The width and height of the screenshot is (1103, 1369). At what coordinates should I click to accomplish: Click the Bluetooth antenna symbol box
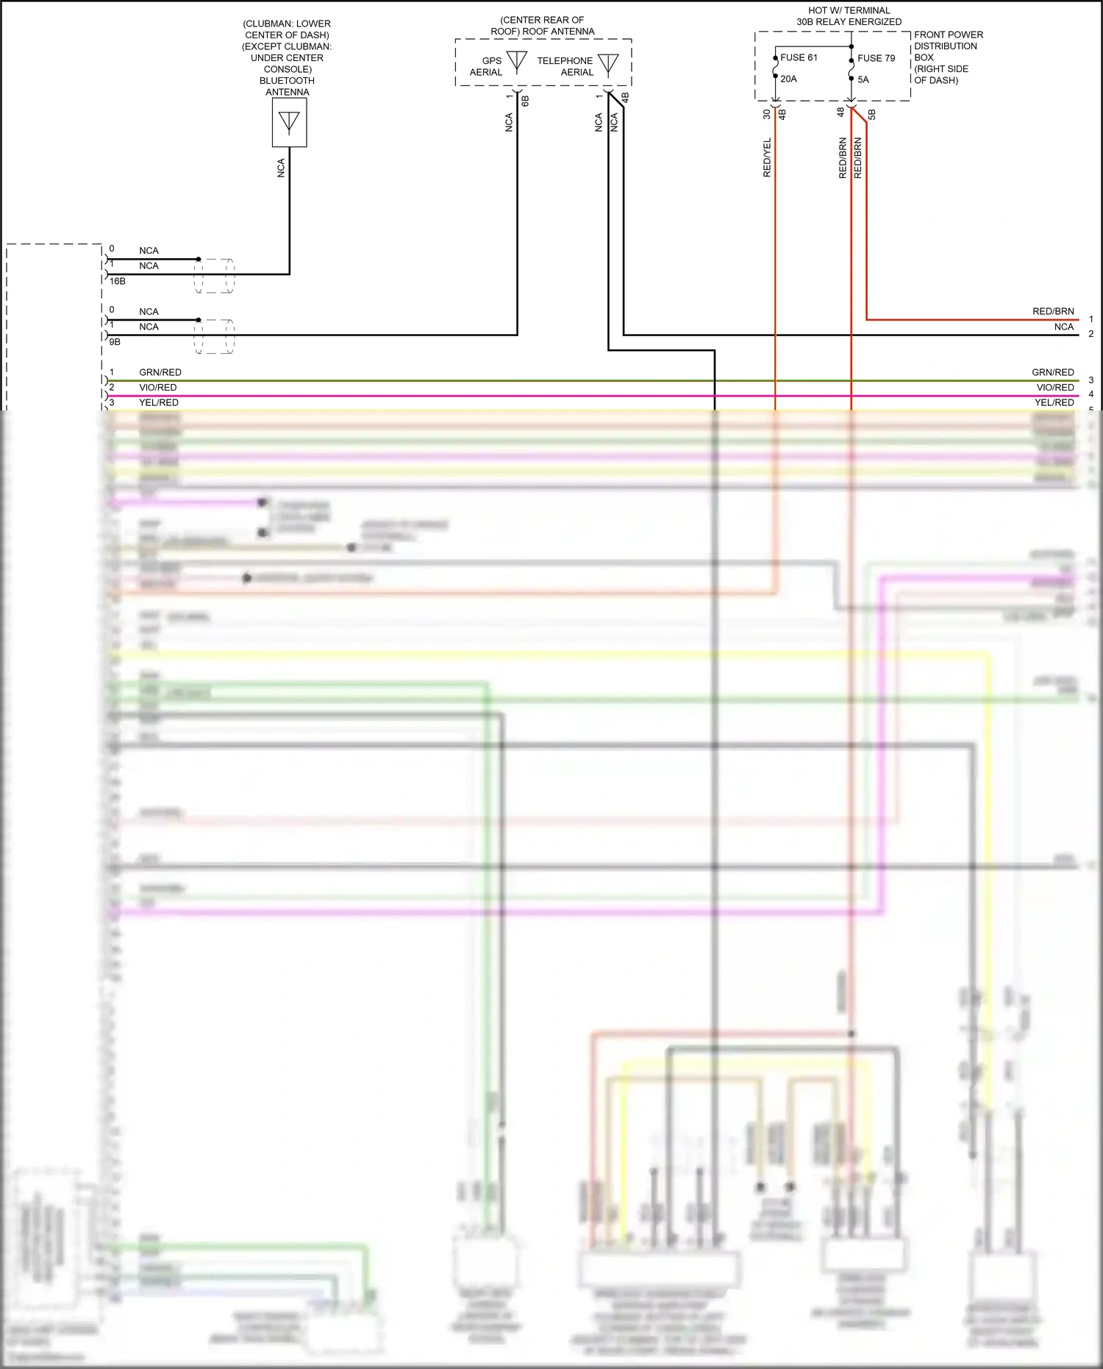coord(289,122)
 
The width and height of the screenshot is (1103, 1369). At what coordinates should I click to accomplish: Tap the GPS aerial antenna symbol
coord(517,62)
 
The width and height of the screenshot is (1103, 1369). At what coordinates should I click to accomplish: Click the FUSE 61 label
coord(799,57)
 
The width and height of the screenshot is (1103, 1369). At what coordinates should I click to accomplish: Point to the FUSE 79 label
coord(876,58)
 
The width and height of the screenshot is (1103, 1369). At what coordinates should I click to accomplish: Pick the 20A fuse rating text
coord(788,79)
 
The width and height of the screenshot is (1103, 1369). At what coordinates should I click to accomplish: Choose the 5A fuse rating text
coord(863,79)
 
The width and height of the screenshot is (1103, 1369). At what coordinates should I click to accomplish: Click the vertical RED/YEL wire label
coord(767,157)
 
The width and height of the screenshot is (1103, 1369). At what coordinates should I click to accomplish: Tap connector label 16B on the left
coord(118,281)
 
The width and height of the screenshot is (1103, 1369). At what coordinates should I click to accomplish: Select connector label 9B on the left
coord(115,342)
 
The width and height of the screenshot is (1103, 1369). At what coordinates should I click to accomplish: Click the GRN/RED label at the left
coord(160,372)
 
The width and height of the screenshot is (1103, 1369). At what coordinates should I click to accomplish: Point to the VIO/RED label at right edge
coord(1055,388)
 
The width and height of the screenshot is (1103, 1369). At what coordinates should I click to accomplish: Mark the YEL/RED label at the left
coord(159,402)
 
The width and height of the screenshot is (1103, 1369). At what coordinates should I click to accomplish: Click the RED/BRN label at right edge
coord(1053,311)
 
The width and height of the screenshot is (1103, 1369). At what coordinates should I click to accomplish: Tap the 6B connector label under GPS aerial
coord(525,101)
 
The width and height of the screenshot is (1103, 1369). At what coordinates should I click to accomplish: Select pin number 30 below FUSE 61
coord(767,114)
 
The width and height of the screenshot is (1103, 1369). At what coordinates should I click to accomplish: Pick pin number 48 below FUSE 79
coord(840,113)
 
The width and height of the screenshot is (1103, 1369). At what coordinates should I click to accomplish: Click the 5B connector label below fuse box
coord(871,115)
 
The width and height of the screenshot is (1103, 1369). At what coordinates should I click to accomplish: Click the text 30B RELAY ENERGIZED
coord(849,22)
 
